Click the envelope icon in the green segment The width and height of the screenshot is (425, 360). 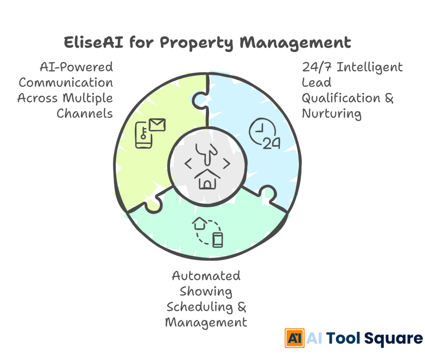(x=157, y=125)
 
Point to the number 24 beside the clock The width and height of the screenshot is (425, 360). (x=272, y=143)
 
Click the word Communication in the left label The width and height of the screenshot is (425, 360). (x=66, y=82)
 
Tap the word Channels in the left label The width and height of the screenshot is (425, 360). (x=85, y=113)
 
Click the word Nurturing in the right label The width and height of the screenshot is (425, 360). (x=332, y=113)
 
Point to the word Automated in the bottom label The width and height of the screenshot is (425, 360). (x=206, y=276)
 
